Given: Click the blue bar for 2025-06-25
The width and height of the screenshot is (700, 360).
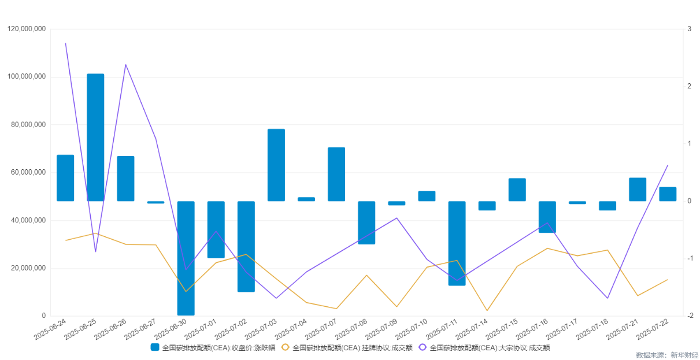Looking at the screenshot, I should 95,138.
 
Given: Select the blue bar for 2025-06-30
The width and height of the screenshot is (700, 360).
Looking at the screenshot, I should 186,258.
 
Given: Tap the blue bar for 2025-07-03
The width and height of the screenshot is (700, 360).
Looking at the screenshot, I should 276,165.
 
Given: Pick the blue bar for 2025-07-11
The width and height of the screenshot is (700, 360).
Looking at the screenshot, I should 457,243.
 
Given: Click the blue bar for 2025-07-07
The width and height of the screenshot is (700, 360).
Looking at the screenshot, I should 336,175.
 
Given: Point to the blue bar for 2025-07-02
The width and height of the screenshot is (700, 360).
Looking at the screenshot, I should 246,246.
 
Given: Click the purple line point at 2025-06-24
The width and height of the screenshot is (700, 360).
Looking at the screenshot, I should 65,43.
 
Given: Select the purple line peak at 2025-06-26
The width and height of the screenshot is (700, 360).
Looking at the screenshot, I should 125,65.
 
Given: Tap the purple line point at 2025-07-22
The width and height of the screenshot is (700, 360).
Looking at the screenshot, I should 668,165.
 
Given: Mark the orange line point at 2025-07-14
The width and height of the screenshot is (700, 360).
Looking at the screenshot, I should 487,310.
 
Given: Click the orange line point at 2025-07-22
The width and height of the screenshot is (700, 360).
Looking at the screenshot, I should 668,280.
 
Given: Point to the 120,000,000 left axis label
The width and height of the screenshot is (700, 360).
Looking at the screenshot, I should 27,29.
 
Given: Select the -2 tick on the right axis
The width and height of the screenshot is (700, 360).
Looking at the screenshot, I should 690,316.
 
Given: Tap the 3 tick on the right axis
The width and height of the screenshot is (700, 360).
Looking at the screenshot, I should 689,29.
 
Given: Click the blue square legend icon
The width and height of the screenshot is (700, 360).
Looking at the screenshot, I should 155,347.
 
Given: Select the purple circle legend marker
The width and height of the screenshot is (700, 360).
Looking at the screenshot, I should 422,347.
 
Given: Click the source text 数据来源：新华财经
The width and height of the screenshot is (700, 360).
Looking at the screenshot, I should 667,355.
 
